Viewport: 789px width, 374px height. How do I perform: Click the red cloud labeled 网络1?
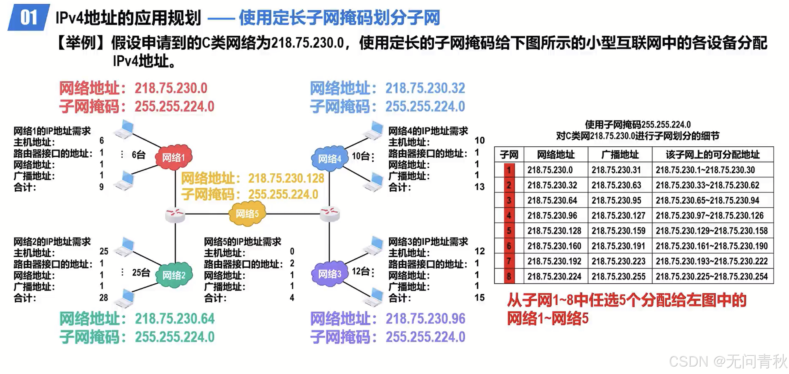tap(174, 157)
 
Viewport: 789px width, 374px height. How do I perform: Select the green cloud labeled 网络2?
tap(174, 275)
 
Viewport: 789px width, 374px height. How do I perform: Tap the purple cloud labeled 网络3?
tap(329, 274)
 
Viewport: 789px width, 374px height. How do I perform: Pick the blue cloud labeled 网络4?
tap(329, 158)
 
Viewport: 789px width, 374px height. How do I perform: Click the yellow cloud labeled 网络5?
tap(247, 213)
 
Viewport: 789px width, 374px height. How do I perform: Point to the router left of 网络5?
tap(175, 214)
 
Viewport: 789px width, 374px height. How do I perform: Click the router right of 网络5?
tap(330, 213)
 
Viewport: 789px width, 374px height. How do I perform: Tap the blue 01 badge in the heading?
tap(28, 17)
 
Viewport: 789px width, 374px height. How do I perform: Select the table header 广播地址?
tap(620, 154)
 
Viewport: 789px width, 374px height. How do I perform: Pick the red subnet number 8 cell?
tap(509, 276)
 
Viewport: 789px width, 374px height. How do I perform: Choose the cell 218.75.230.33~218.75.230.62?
tap(707, 185)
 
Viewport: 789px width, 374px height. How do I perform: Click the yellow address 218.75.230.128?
tap(286, 178)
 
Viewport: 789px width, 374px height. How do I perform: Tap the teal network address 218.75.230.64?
tap(175, 319)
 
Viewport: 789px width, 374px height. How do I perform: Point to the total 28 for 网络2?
tap(103, 297)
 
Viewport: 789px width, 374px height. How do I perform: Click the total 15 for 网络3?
tap(479, 297)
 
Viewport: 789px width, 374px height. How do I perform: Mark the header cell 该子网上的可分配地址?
tap(712, 154)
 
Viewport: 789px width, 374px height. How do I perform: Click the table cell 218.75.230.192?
tap(554, 261)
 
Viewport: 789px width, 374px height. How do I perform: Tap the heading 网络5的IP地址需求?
tap(242, 241)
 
